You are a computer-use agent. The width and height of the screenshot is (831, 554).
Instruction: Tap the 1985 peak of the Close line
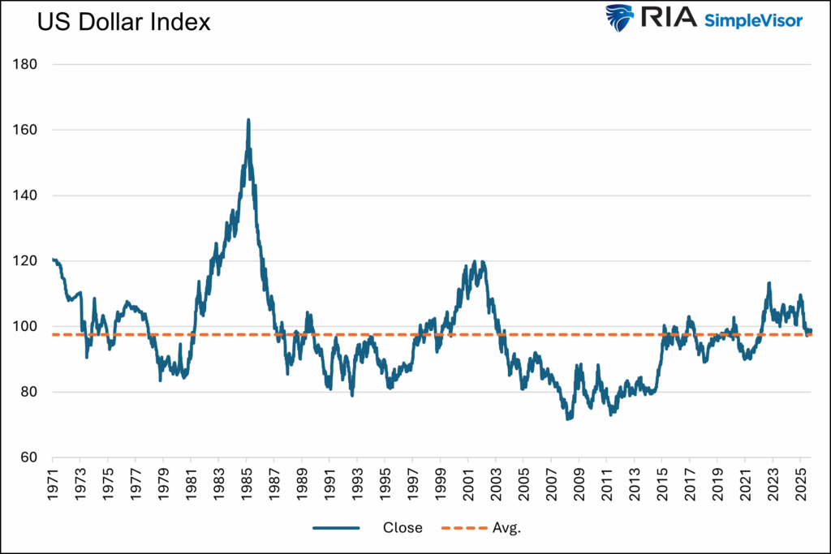tap(248, 120)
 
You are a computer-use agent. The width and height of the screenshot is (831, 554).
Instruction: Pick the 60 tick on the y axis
tap(30, 458)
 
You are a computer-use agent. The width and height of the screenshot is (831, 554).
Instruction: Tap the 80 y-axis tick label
tap(30, 393)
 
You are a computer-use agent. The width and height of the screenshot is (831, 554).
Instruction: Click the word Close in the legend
tap(403, 528)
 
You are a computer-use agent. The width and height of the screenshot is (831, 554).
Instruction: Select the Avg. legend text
tap(506, 528)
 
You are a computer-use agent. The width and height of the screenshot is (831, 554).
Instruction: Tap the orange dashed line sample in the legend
tap(463, 528)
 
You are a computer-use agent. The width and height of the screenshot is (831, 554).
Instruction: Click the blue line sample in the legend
tap(336, 528)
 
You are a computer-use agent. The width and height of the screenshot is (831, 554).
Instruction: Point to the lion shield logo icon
tap(620, 18)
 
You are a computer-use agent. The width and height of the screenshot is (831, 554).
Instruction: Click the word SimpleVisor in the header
tap(754, 19)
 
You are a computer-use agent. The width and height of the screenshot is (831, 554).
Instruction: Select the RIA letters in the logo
tap(668, 18)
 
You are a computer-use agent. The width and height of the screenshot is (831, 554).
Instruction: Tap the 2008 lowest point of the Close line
tap(569, 419)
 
